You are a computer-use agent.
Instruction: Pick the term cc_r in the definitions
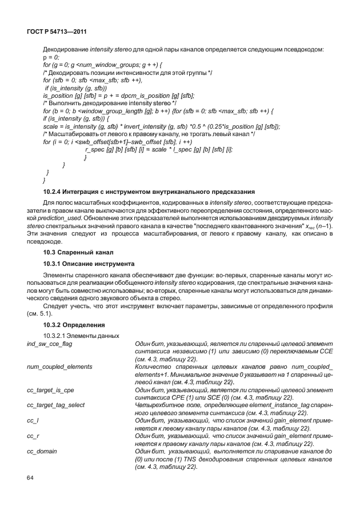click(x=33, y=436)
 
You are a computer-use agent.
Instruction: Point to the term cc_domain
click(x=42, y=451)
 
